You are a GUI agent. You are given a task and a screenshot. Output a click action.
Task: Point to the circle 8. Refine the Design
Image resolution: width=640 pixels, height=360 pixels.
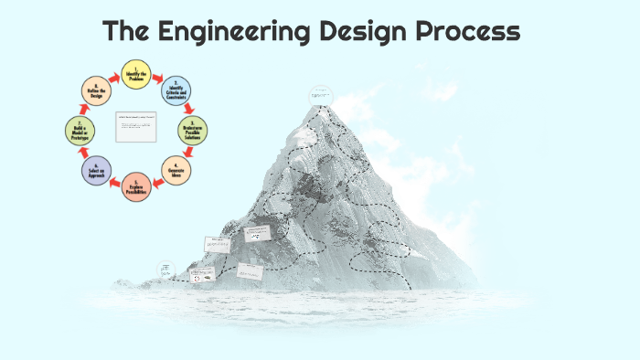pyautogui.click(x=96, y=91)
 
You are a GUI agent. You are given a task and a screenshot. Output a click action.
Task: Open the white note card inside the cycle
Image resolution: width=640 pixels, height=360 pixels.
pyautogui.click(x=136, y=127)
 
